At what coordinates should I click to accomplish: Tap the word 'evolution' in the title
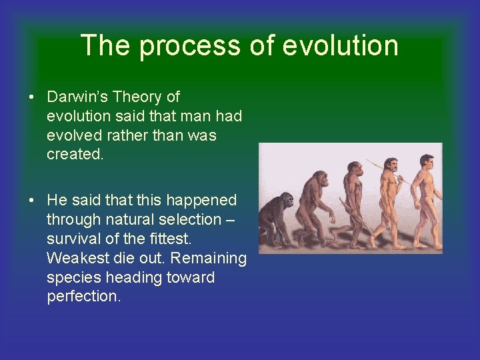point(341,45)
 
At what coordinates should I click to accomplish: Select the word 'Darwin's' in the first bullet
point(78,97)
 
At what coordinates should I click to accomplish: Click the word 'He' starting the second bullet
point(57,200)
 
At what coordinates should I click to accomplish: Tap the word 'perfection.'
point(84,297)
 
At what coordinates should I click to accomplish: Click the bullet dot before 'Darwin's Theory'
point(32,97)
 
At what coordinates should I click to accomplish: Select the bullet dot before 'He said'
point(32,201)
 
